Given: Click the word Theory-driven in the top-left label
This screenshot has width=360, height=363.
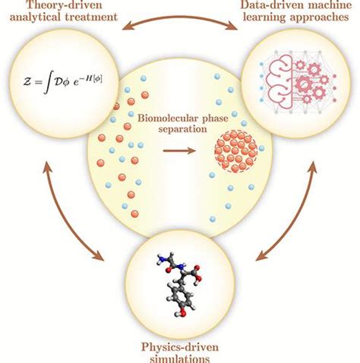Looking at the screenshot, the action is point(65,5).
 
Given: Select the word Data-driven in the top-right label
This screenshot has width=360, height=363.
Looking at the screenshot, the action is point(270,5).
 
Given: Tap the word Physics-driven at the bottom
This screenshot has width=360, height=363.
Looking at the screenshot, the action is point(180,347).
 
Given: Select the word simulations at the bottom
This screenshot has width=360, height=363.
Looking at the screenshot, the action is point(180,359).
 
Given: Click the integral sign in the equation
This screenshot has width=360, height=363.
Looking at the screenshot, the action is point(46,82).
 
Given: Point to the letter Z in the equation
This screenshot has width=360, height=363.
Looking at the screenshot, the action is point(27,82).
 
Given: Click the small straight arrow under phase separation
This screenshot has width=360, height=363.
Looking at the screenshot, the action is point(179,151).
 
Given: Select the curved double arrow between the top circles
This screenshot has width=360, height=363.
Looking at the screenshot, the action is point(180,17).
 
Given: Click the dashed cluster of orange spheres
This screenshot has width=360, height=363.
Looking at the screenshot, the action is point(235,151).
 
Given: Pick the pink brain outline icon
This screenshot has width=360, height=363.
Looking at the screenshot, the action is point(281,81).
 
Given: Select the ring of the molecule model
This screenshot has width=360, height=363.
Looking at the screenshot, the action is point(182,298).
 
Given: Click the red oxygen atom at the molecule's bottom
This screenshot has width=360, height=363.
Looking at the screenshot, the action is point(183,314).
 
